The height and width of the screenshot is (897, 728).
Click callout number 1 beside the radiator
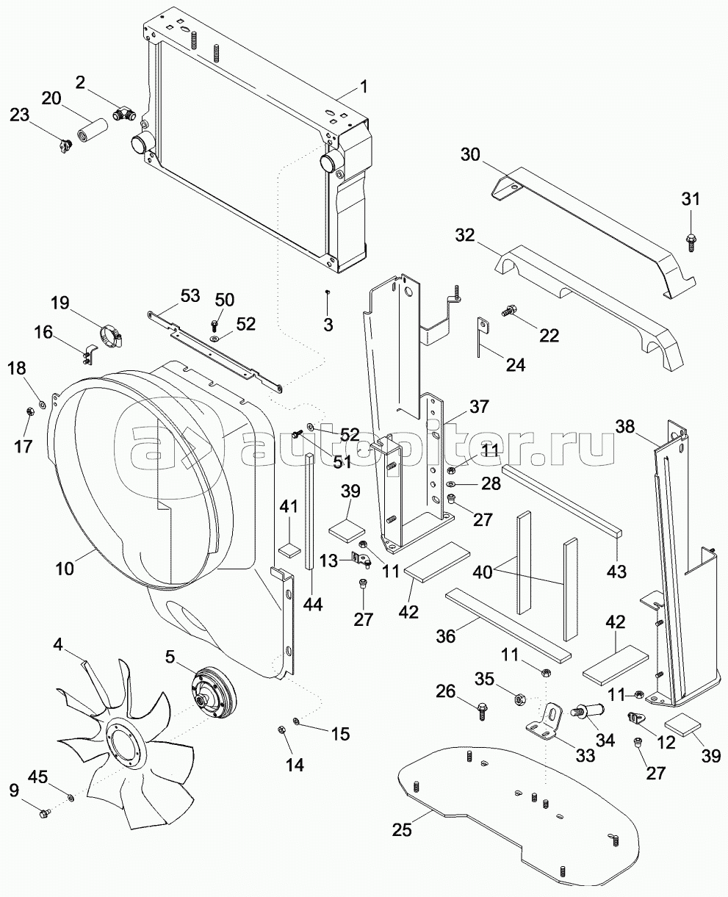coord(363,88)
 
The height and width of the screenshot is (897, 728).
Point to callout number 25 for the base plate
coord(403,831)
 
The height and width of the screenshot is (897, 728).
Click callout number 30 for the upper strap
coord(471,154)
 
